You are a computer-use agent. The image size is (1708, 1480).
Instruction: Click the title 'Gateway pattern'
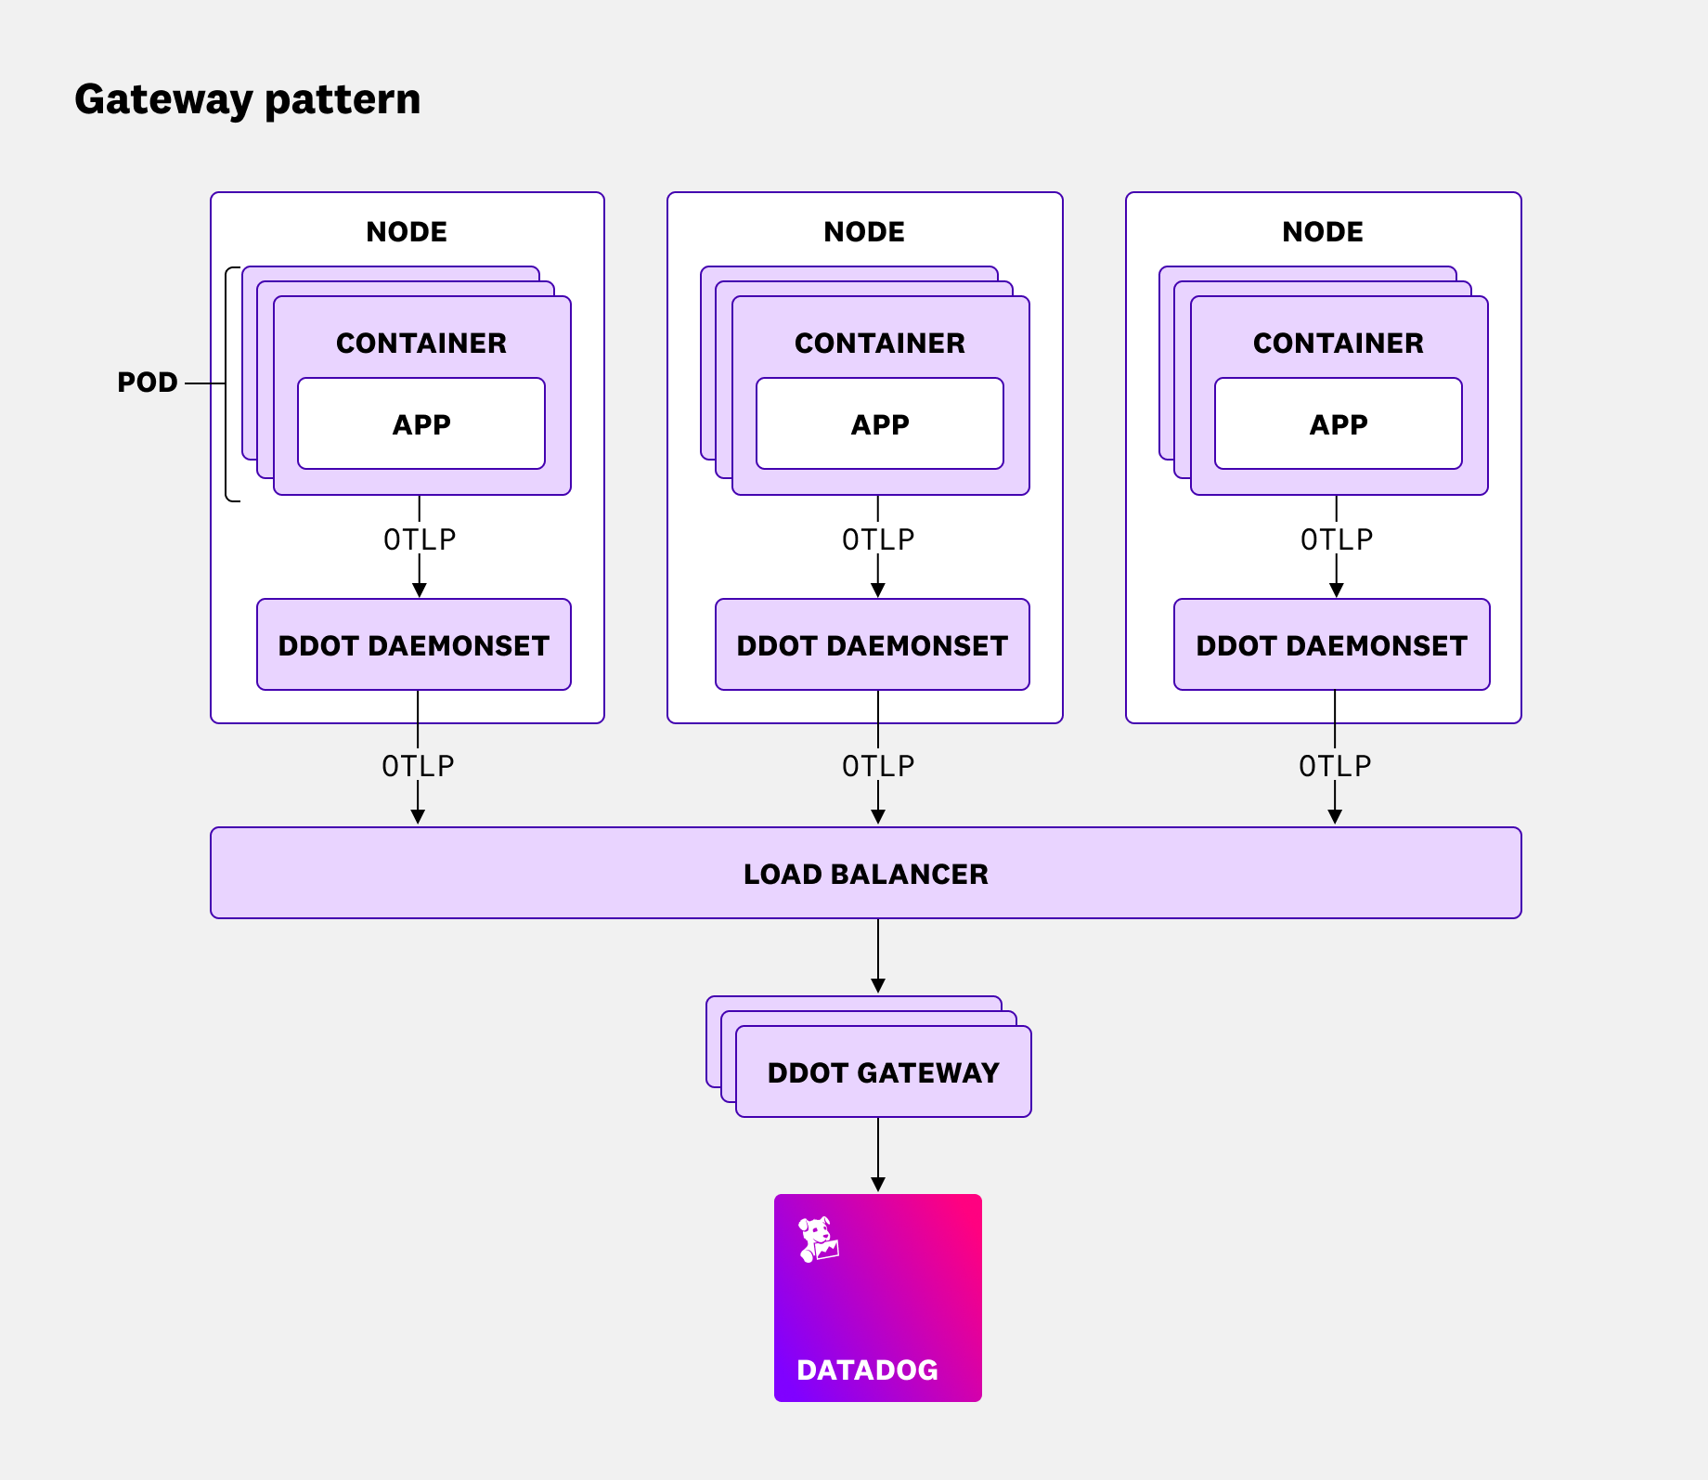click(x=247, y=99)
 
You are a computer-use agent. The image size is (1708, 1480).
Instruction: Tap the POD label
click(x=147, y=383)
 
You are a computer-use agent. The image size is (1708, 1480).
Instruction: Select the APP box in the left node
click(x=421, y=424)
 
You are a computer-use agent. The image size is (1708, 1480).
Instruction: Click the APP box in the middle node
click(x=879, y=424)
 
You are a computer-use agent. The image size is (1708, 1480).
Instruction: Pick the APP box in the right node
click(x=1338, y=424)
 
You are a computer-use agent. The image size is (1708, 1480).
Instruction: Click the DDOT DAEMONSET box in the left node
click(x=414, y=645)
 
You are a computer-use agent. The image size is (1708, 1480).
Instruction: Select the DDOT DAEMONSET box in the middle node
click(x=872, y=645)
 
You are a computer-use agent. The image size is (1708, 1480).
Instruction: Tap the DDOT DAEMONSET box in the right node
click(x=1331, y=645)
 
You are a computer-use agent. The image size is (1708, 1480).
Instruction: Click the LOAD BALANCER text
click(x=865, y=874)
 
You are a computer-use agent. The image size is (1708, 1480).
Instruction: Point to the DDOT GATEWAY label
click(x=883, y=1072)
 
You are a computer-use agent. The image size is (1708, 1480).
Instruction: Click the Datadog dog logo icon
click(x=818, y=1240)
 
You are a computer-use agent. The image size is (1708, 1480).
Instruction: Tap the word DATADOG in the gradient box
click(x=867, y=1370)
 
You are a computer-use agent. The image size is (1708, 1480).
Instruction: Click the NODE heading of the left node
click(x=407, y=232)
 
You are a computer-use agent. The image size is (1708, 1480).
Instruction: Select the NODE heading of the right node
click(x=1322, y=232)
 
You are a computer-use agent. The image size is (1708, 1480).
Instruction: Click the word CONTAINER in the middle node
click(x=879, y=344)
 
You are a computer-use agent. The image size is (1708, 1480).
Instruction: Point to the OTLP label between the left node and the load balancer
click(x=418, y=766)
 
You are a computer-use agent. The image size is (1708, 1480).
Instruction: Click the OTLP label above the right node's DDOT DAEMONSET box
click(x=1336, y=539)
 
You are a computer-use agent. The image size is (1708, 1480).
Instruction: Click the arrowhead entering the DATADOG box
click(x=878, y=1185)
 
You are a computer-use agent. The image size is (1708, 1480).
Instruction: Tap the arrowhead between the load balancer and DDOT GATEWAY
click(x=878, y=986)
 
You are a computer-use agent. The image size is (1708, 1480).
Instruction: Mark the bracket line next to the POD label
click(x=226, y=383)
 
